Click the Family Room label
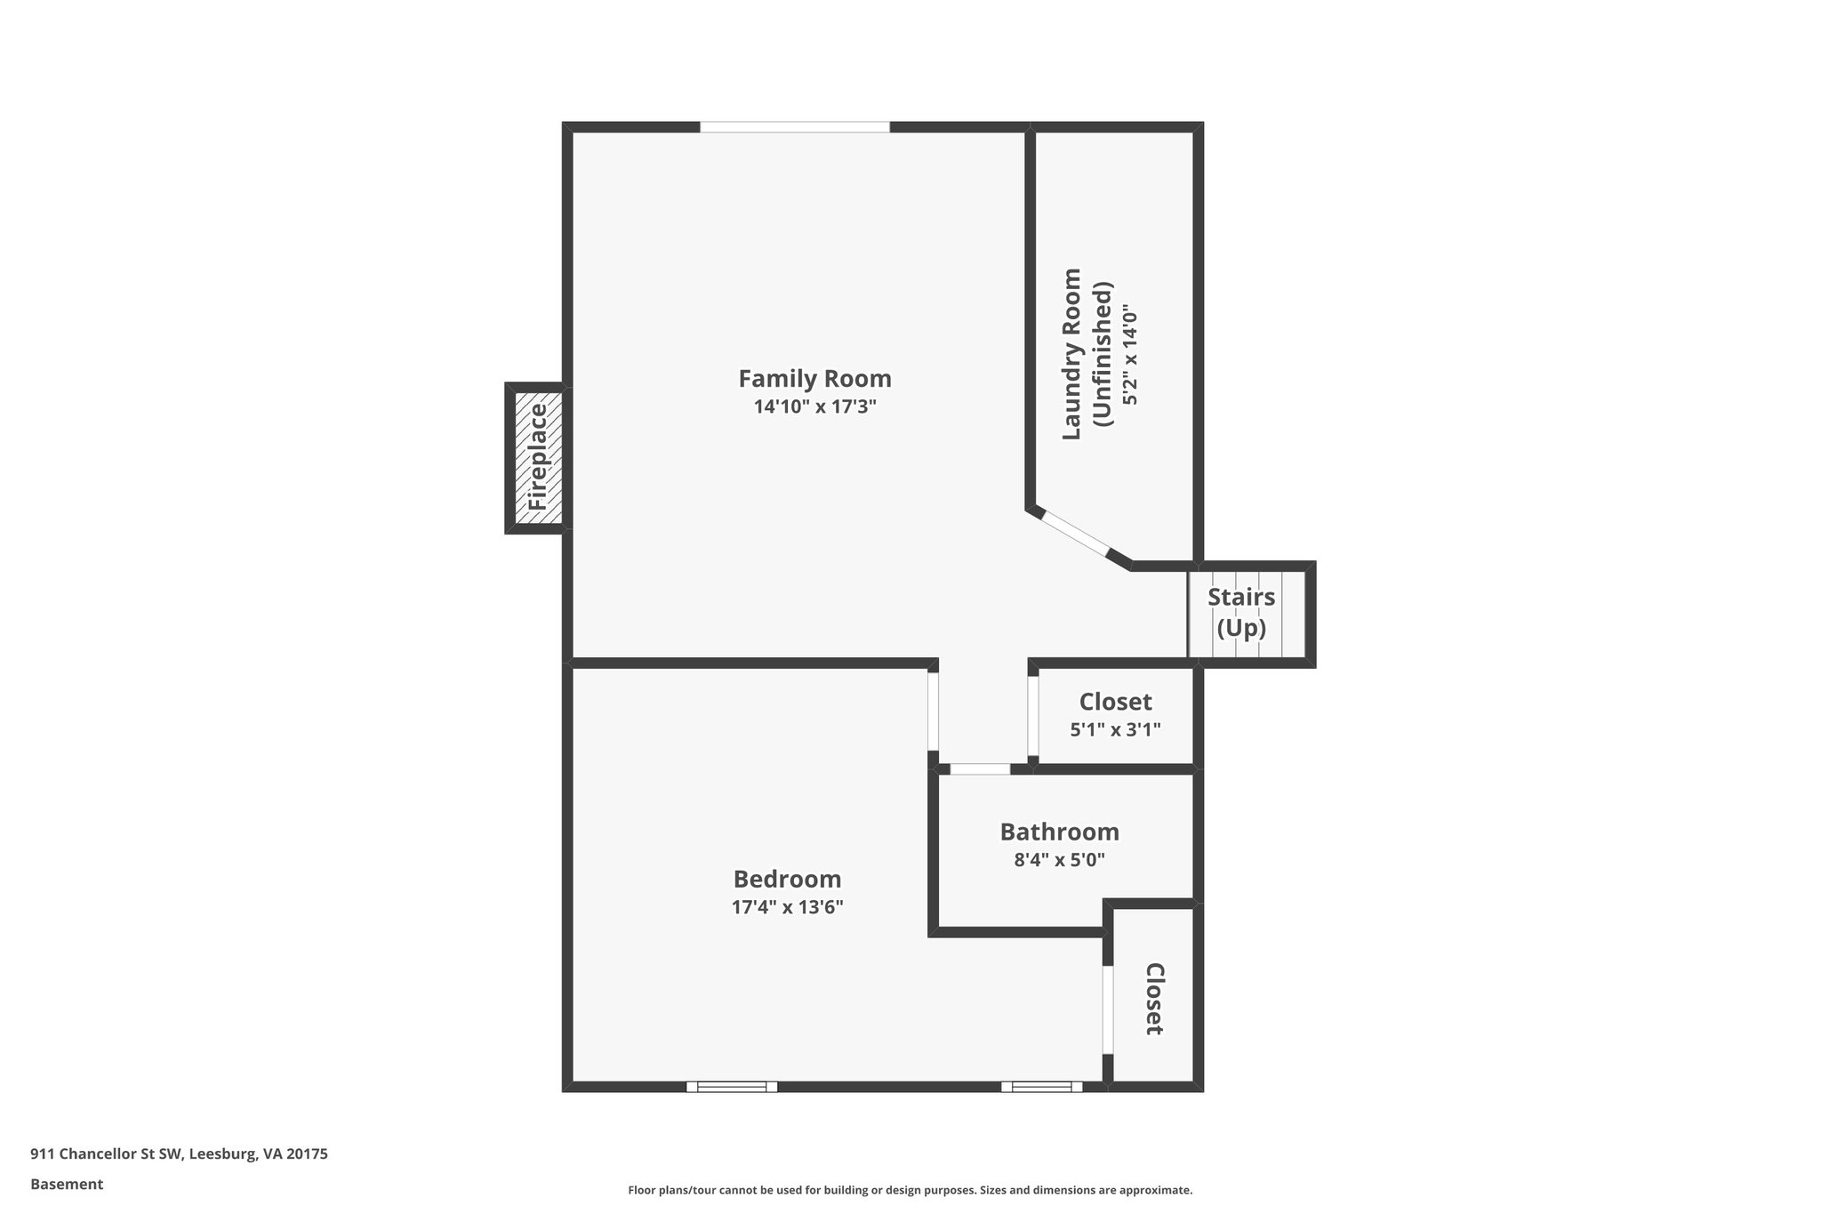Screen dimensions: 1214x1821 coord(814,379)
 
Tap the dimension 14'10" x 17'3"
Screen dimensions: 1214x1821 coord(814,407)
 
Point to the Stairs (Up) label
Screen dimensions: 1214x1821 coord(1240,612)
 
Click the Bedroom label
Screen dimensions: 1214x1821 coord(787,879)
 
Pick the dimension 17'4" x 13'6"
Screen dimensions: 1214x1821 coord(787,907)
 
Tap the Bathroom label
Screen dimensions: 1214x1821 coord(1059,832)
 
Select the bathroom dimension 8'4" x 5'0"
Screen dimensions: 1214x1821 coord(1059,860)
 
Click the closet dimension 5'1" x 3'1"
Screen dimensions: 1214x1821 coord(1115,729)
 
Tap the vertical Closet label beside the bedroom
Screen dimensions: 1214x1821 coord(1153,998)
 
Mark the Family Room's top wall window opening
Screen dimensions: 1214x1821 coord(794,127)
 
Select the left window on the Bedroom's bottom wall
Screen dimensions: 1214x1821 coord(731,1086)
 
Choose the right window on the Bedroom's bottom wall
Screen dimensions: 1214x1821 coord(1041,1086)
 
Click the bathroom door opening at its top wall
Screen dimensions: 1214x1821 coord(980,768)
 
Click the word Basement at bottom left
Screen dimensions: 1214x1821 coord(67,1184)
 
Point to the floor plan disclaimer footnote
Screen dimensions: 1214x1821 coord(910,1190)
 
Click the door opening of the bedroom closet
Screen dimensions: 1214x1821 coord(1108,1009)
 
